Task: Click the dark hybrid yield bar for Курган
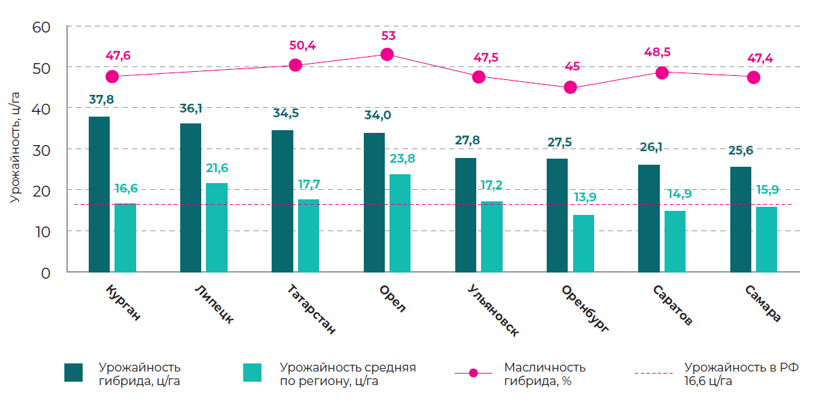[99, 194]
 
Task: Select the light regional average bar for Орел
[400, 222]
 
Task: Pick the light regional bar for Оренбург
[583, 243]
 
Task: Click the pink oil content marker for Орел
[387, 54]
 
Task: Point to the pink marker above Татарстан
[295, 65]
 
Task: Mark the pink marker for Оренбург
[570, 87]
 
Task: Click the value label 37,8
[102, 100]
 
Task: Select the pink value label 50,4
[303, 45]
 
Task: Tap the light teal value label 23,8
[402, 159]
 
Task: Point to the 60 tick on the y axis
[42, 26]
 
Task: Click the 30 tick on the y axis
[42, 149]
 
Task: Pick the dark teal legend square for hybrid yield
[73, 372]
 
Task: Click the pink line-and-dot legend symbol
[473, 373]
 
